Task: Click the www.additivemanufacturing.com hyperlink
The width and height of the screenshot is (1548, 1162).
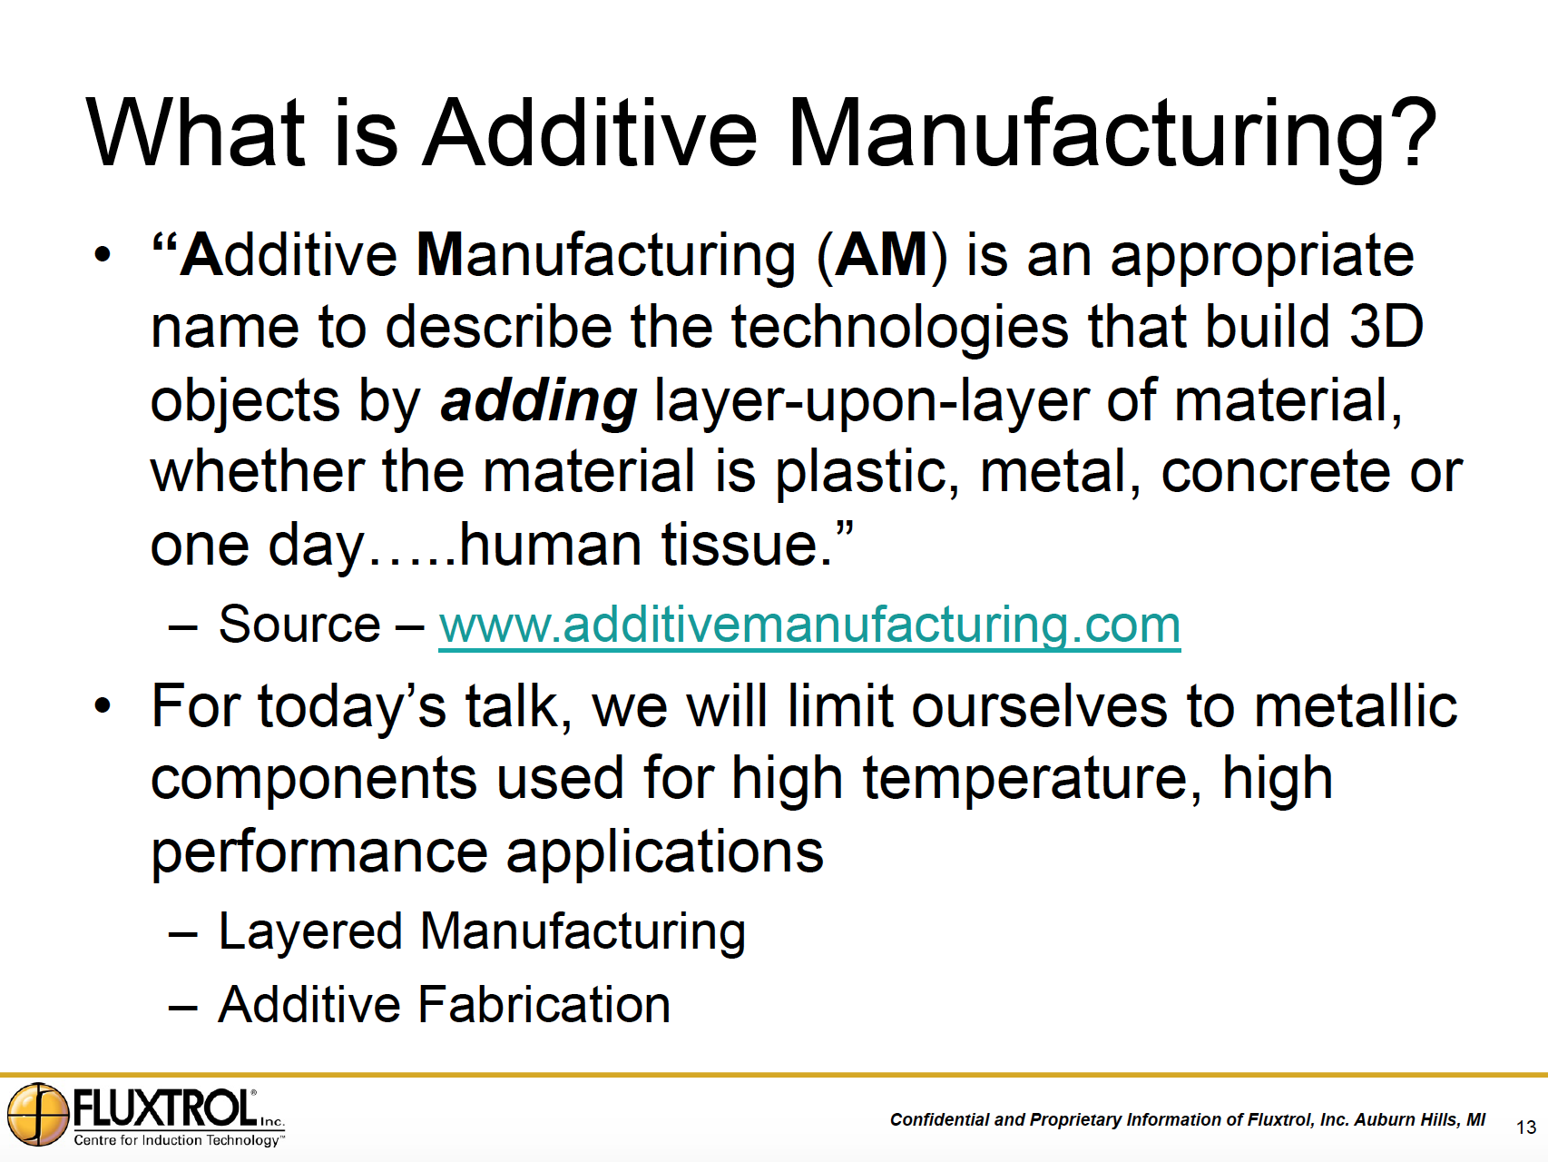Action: (809, 625)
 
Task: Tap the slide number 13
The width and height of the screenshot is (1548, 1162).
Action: (1525, 1128)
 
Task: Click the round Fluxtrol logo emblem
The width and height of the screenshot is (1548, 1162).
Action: (38, 1114)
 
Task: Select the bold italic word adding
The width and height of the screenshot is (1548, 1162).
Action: (538, 401)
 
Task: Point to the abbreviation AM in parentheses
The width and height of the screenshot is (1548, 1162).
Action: (881, 255)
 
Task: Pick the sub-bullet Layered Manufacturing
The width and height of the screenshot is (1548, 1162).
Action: (482, 932)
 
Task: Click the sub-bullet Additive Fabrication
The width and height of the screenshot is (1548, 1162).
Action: (445, 1004)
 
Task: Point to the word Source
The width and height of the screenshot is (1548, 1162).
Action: (299, 625)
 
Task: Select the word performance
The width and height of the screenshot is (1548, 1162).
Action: (319, 853)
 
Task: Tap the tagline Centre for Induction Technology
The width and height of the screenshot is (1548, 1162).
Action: (177, 1140)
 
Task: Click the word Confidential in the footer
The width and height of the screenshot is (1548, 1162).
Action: (939, 1120)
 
